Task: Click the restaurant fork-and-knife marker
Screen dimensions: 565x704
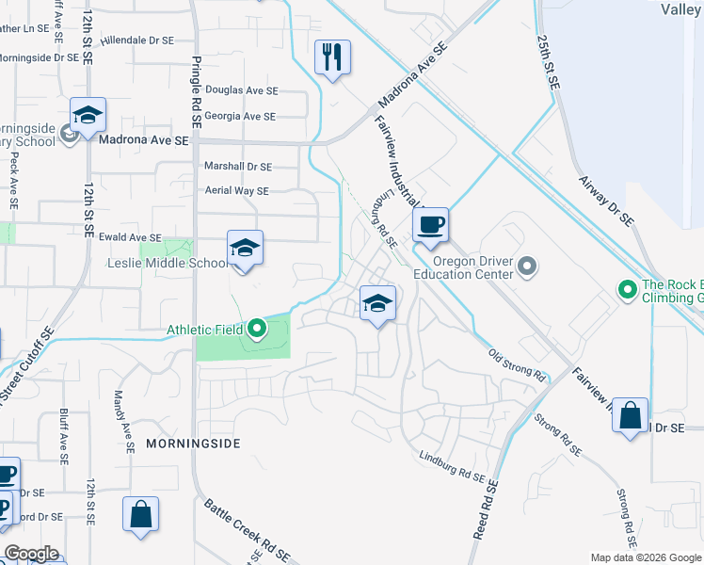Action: coord(332,57)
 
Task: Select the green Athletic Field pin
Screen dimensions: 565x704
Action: coord(257,330)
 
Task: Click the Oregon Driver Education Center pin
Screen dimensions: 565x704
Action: coord(527,267)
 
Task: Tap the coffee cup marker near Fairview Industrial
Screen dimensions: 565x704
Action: coord(430,225)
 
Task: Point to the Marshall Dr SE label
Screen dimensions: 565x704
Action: coord(237,167)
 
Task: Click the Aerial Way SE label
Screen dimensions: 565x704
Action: coord(236,190)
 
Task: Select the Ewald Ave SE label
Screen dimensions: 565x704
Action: coord(131,238)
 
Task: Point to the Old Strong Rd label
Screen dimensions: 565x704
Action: coord(517,365)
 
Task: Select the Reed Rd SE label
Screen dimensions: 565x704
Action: coord(486,509)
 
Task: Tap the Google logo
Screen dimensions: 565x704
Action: coord(32,553)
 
